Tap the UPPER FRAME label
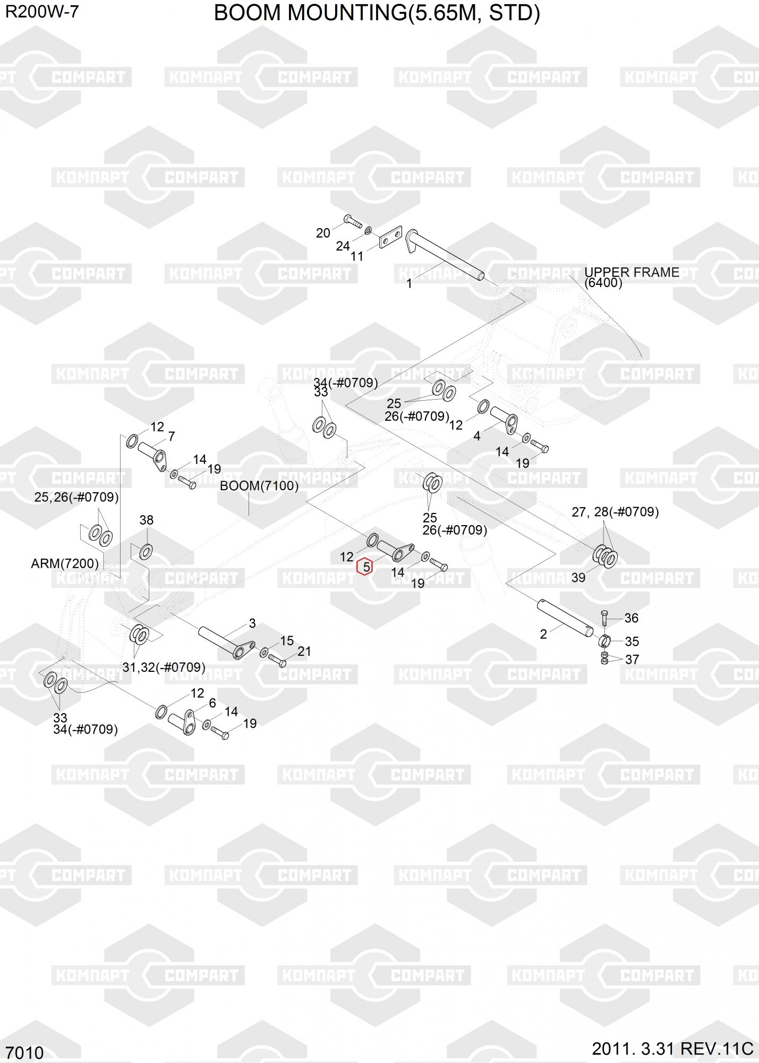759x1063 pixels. tap(632, 272)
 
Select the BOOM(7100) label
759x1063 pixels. tap(259, 486)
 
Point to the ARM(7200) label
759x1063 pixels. tap(65, 563)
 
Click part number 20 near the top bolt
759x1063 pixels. tap(323, 233)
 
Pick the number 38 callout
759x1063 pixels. tap(146, 520)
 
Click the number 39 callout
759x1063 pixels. tap(578, 577)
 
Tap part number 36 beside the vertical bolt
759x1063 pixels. tap(632, 618)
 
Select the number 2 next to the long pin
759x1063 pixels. tap(543, 634)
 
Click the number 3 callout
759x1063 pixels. tap(252, 623)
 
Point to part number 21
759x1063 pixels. tap(304, 651)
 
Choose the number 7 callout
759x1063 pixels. tap(172, 436)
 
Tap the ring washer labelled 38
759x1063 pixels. tap(146, 552)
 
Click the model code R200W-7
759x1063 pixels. tap(42, 12)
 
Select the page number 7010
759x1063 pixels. tap(24, 1052)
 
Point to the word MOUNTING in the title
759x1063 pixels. tap(342, 13)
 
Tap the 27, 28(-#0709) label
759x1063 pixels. tap(615, 512)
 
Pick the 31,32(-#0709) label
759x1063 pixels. tap(164, 667)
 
